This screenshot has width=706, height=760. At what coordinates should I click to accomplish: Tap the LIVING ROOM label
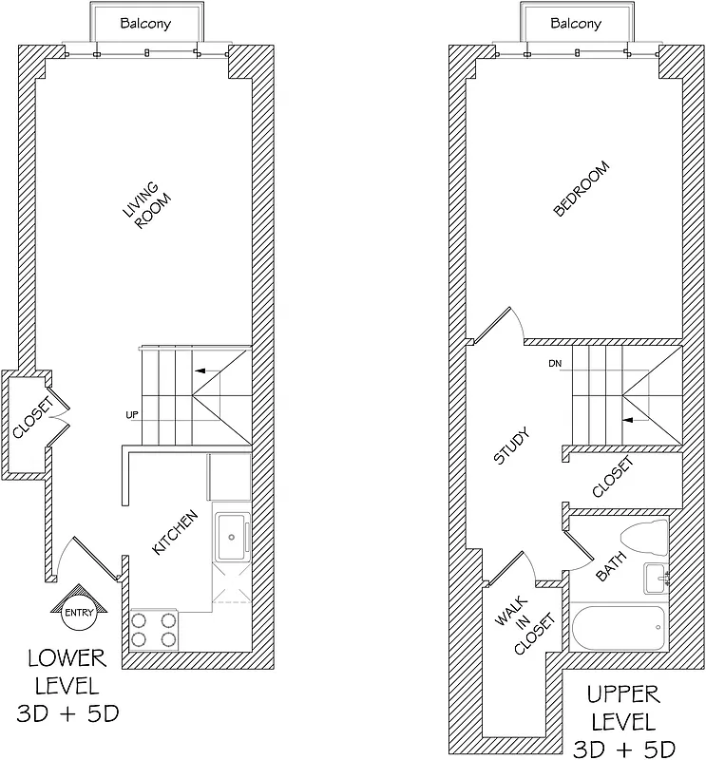tap(145, 207)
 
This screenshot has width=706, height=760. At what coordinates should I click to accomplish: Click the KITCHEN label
tap(176, 534)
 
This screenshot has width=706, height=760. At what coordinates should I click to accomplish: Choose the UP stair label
tap(132, 415)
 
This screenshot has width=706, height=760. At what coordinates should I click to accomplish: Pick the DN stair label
tap(556, 364)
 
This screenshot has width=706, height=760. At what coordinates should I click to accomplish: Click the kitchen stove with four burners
tap(155, 629)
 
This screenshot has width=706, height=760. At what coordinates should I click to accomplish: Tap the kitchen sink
tap(231, 539)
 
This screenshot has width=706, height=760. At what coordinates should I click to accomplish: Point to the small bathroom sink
tap(657, 577)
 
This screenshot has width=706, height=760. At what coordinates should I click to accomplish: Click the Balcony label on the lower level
tap(145, 23)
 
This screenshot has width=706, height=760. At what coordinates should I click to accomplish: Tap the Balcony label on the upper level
tap(576, 23)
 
